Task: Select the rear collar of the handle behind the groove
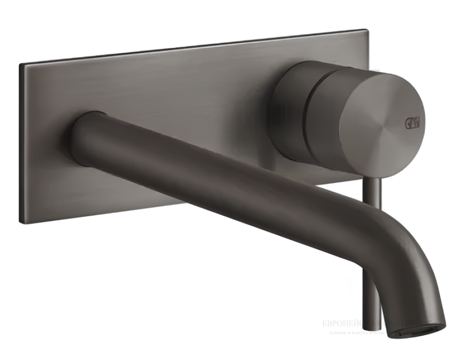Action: point(289,111)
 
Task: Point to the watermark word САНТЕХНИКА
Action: point(410,323)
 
